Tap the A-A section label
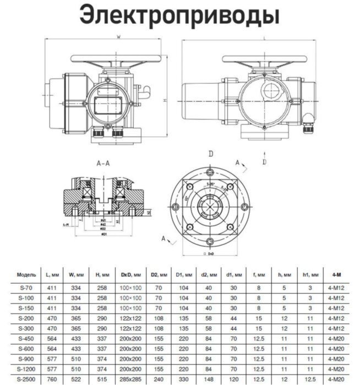103,164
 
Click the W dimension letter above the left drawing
118,37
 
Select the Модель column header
26,273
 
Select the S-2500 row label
26,381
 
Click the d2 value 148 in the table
208,381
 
